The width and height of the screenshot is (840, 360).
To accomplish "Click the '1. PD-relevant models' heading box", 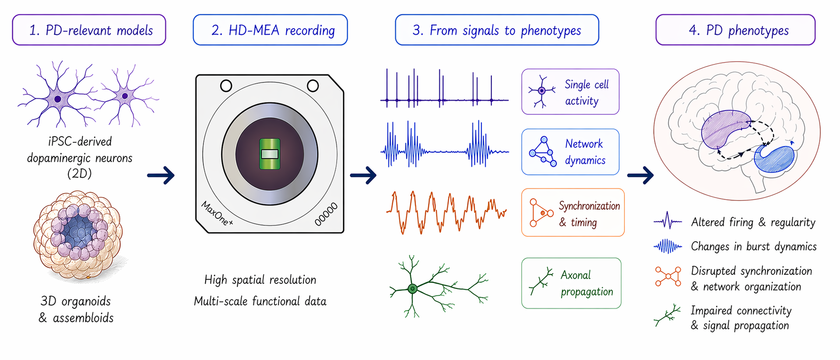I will click(89, 30).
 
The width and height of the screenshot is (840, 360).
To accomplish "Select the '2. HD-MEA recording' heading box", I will click(270, 30).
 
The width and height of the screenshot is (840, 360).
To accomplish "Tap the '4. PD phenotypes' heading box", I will click(735, 30).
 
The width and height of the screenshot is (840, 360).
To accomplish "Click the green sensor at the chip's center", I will click(270, 154).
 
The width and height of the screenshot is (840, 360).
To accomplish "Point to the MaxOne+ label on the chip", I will click(217, 213).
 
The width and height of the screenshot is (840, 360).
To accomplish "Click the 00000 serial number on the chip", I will click(326, 214).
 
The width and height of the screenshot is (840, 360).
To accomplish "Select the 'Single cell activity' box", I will click(570, 92).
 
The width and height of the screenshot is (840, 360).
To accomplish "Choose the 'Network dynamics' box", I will click(570, 152).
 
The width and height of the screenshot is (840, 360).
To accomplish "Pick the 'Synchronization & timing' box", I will click(573, 213).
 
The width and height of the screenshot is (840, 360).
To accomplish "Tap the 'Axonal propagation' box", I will click(571, 283).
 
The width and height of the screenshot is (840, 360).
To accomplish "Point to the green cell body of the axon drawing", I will click(412, 289).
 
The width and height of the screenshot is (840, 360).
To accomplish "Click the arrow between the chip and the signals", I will click(363, 175).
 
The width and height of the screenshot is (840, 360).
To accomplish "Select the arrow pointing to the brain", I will click(641, 175).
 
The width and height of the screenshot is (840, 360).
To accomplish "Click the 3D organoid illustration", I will click(78, 235).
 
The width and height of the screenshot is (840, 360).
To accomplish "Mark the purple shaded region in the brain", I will click(723, 129).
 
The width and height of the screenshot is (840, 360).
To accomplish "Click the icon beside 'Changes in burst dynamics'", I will click(668, 246).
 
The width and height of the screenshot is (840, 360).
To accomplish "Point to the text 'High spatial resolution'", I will click(260, 280).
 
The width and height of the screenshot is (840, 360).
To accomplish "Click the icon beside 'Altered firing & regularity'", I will click(668, 221).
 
